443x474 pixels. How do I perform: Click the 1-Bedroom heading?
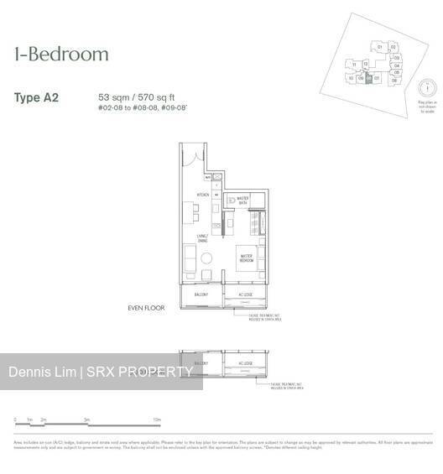[x=61, y=55]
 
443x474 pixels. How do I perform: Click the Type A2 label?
[x=36, y=98]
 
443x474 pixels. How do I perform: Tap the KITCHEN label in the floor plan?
[x=202, y=195]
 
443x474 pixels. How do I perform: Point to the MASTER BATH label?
[x=242, y=200]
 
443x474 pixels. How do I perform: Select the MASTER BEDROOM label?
[x=247, y=258]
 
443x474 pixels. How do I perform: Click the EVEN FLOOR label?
[x=147, y=308]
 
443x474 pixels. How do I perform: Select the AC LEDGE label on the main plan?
[x=246, y=294]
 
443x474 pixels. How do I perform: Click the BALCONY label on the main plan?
[x=201, y=294]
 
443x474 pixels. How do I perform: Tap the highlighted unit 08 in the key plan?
[x=368, y=78]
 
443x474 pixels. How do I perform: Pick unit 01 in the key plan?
[x=380, y=47]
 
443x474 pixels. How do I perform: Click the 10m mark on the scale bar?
[x=156, y=418]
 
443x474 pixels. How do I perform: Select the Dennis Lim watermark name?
[x=42, y=372]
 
